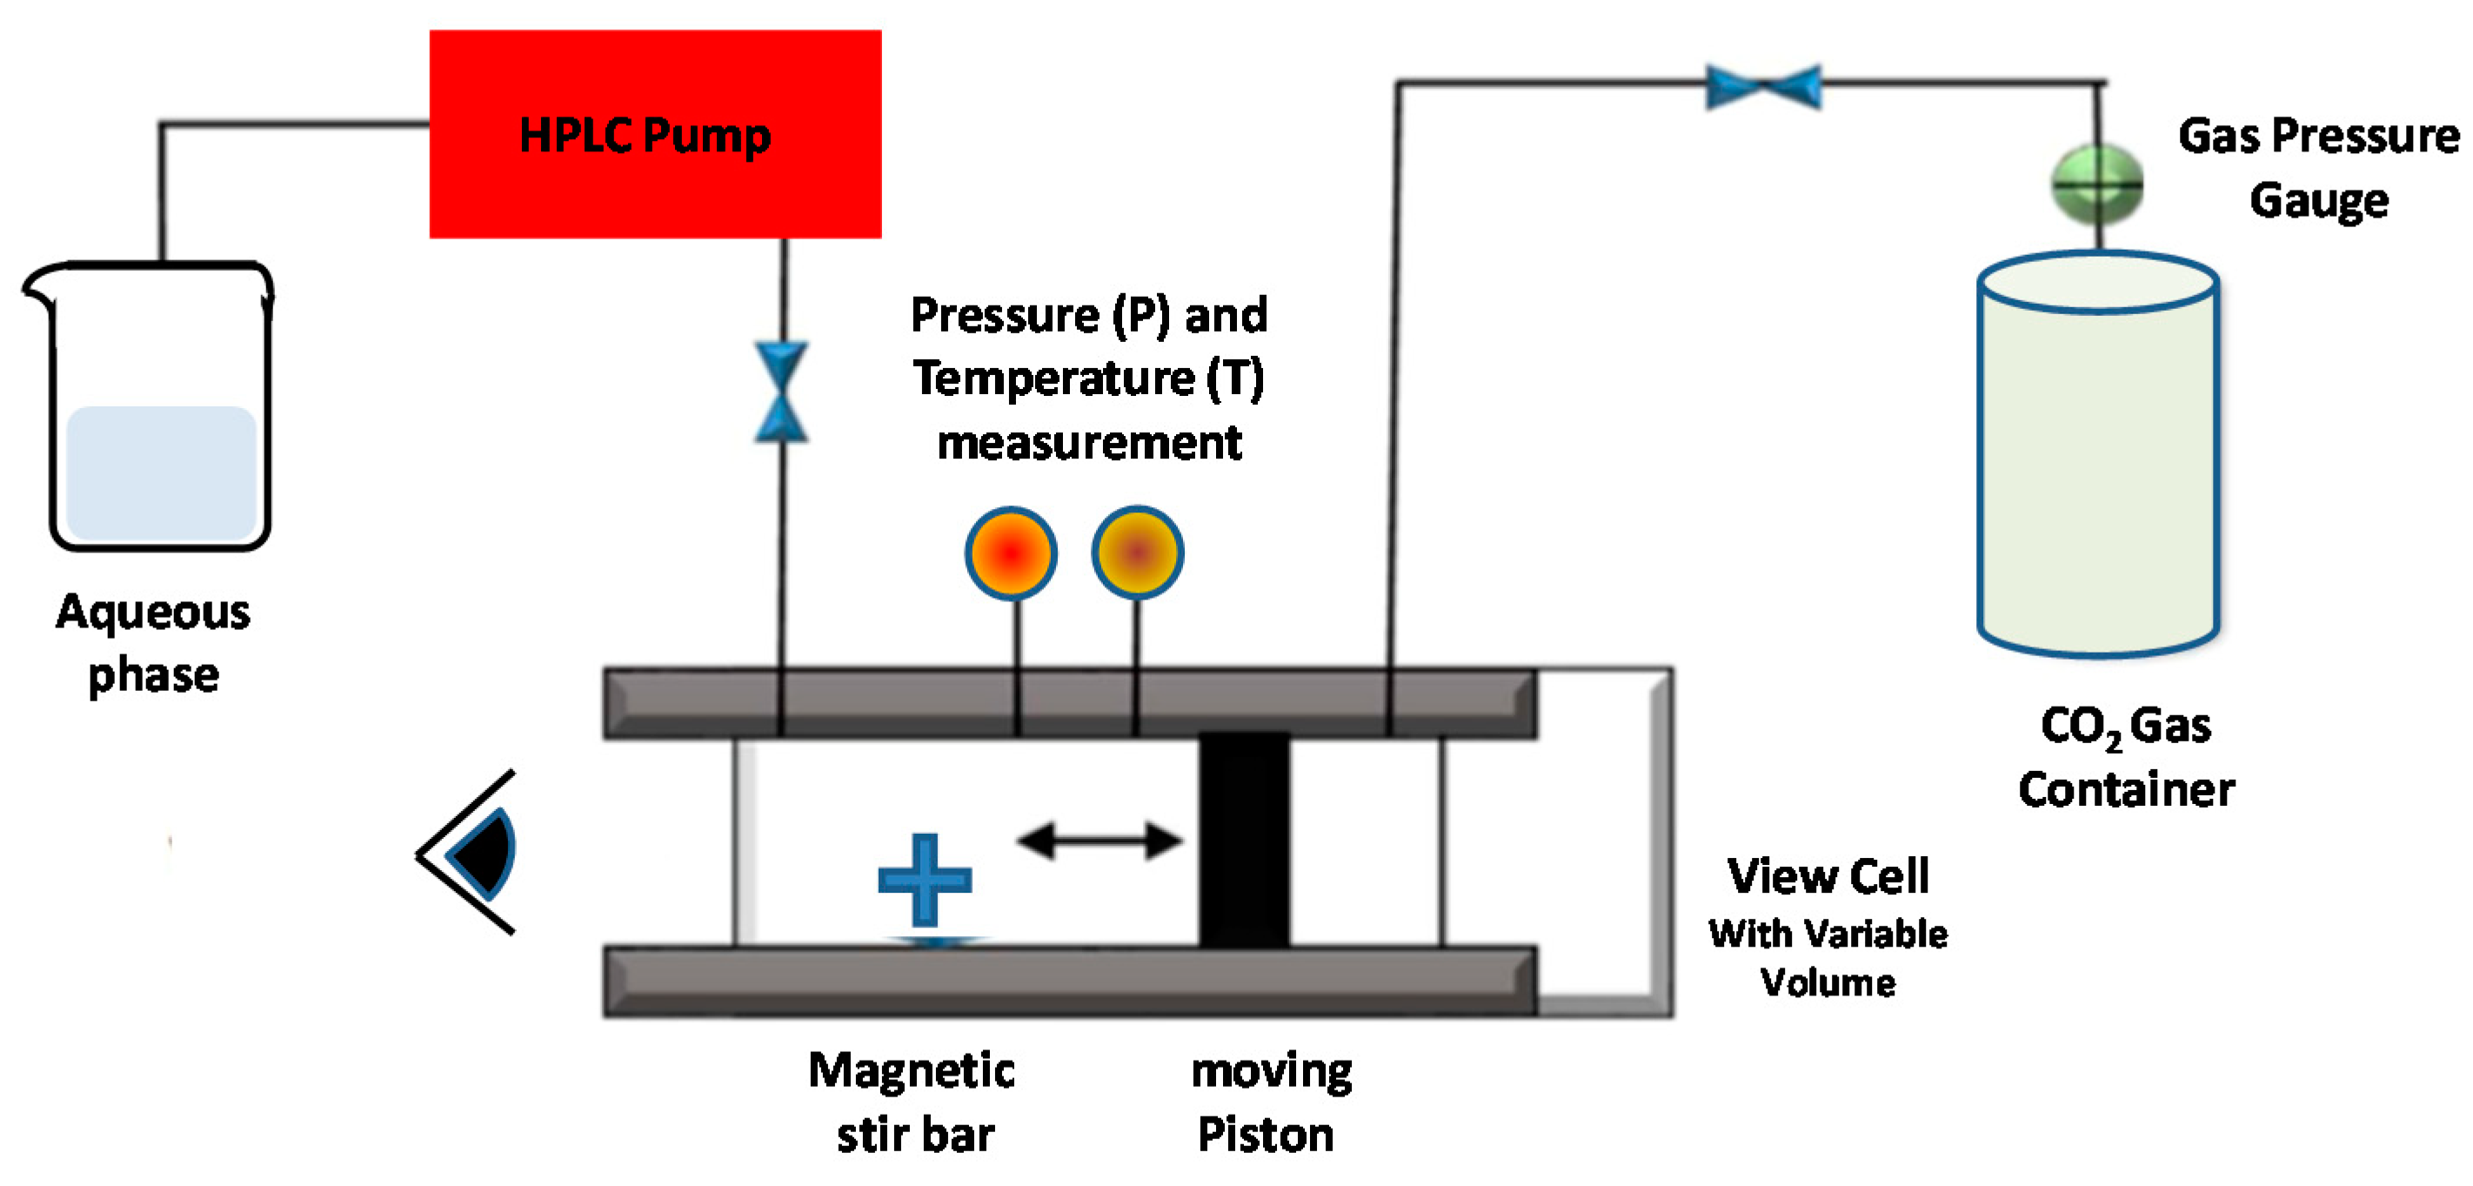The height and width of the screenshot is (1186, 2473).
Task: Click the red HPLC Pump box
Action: pyautogui.click(x=655, y=135)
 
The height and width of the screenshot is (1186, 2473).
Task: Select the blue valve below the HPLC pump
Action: pyautogui.click(x=780, y=392)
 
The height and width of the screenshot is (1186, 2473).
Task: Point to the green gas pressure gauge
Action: pyautogui.click(x=2096, y=184)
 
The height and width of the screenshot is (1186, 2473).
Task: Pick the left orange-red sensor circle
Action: pyautogui.click(x=1011, y=553)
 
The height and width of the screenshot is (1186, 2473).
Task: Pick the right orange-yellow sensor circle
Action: pyautogui.click(x=1137, y=553)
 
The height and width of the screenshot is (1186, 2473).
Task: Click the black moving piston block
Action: pyautogui.click(x=1244, y=841)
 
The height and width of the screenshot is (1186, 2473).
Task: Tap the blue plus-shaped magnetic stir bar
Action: pyautogui.click(x=925, y=880)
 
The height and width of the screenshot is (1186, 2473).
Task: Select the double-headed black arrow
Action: pyautogui.click(x=1099, y=841)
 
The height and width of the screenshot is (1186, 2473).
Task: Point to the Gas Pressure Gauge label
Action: pyautogui.click(x=2317, y=167)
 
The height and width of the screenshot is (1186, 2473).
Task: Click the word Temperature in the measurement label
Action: pyautogui.click(x=1053, y=378)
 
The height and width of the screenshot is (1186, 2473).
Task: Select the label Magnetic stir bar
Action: pyautogui.click(x=912, y=1102)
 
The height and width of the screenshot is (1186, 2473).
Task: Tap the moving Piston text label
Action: pyautogui.click(x=1269, y=1102)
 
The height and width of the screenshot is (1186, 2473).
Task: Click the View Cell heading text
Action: pyautogui.click(x=1827, y=876)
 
